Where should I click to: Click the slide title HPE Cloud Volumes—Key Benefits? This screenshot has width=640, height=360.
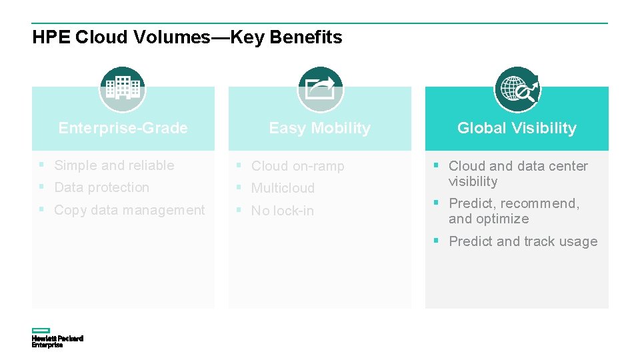pyautogui.click(x=187, y=37)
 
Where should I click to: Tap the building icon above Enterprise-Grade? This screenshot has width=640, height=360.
pyautogui.click(x=123, y=89)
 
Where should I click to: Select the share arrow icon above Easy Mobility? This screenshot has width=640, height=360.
pyautogui.click(x=319, y=89)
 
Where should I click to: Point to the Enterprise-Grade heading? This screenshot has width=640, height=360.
pyautogui.click(x=123, y=128)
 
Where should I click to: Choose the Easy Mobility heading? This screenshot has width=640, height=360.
pyautogui.click(x=319, y=128)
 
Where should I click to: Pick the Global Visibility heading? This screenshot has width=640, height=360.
pyautogui.click(x=517, y=128)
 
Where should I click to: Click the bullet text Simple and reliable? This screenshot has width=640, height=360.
pyautogui.click(x=114, y=165)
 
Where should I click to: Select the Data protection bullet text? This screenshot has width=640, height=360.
pyautogui.click(x=101, y=187)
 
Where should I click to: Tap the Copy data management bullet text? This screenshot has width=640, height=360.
pyautogui.click(x=129, y=210)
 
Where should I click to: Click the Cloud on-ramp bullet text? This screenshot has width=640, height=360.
pyautogui.click(x=297, y=166)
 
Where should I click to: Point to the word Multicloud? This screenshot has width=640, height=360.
pyautogui.click(x=283, y=188)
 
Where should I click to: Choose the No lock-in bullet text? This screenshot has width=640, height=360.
pyautogui.click(x=282, y=211)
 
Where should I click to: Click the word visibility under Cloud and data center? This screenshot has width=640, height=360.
pyautogui.click(x=473, y=181)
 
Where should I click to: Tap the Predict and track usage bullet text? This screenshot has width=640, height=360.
pyautogui.click(x=523, y=241)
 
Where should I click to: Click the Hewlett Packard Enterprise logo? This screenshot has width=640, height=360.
pyautogui.click(x=57, y=338)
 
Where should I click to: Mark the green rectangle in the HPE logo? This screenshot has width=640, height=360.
pyautogui.click(x=41, y=331)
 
